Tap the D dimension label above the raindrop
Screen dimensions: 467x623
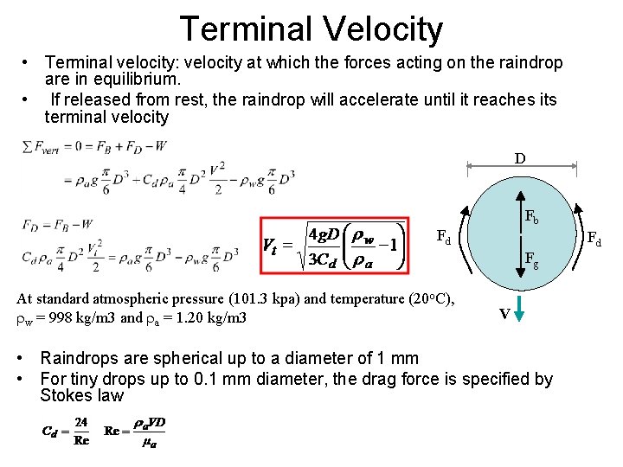coord(518,159)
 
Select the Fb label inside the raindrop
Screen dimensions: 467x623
coord(532,218)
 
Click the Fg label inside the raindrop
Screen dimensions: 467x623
coord(532,257)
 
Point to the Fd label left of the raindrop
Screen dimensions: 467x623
coord(442,236)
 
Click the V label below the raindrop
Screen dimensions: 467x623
coord(503,315)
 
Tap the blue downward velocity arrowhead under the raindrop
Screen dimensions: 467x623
coord(518,316)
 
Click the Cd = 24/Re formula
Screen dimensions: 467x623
coord(66,430)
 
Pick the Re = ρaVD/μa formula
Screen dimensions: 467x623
coord(134,430)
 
